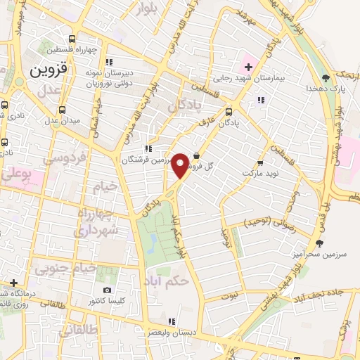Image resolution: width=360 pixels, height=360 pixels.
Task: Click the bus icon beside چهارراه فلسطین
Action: pos(70,39)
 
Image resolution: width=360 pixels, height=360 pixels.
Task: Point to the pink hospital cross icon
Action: pos(248,66)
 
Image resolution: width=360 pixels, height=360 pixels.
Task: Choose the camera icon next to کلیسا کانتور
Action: pos(107,290)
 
